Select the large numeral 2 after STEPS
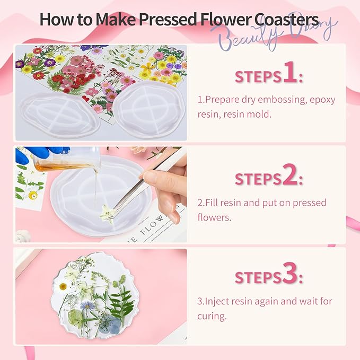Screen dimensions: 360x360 pyautogui.click(x=290, y=177)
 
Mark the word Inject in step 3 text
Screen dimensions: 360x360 pyautogui.click(x=216, y=301)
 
